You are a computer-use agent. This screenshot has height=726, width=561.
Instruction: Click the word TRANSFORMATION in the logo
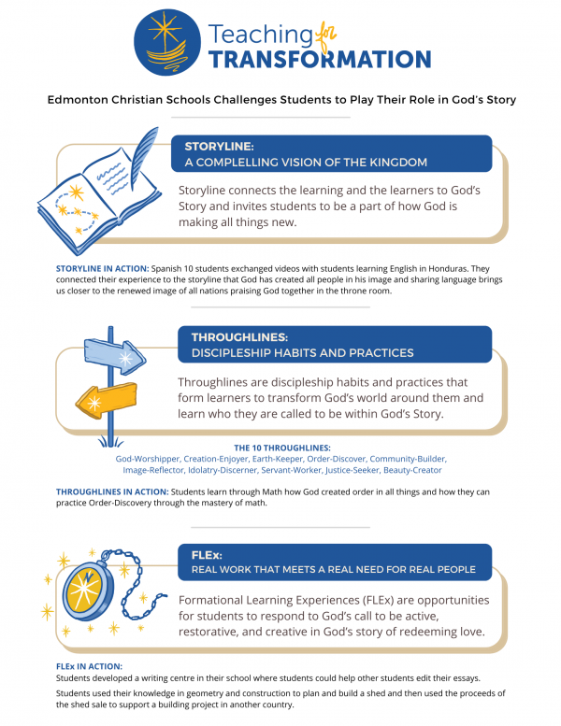tap(319, 59)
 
